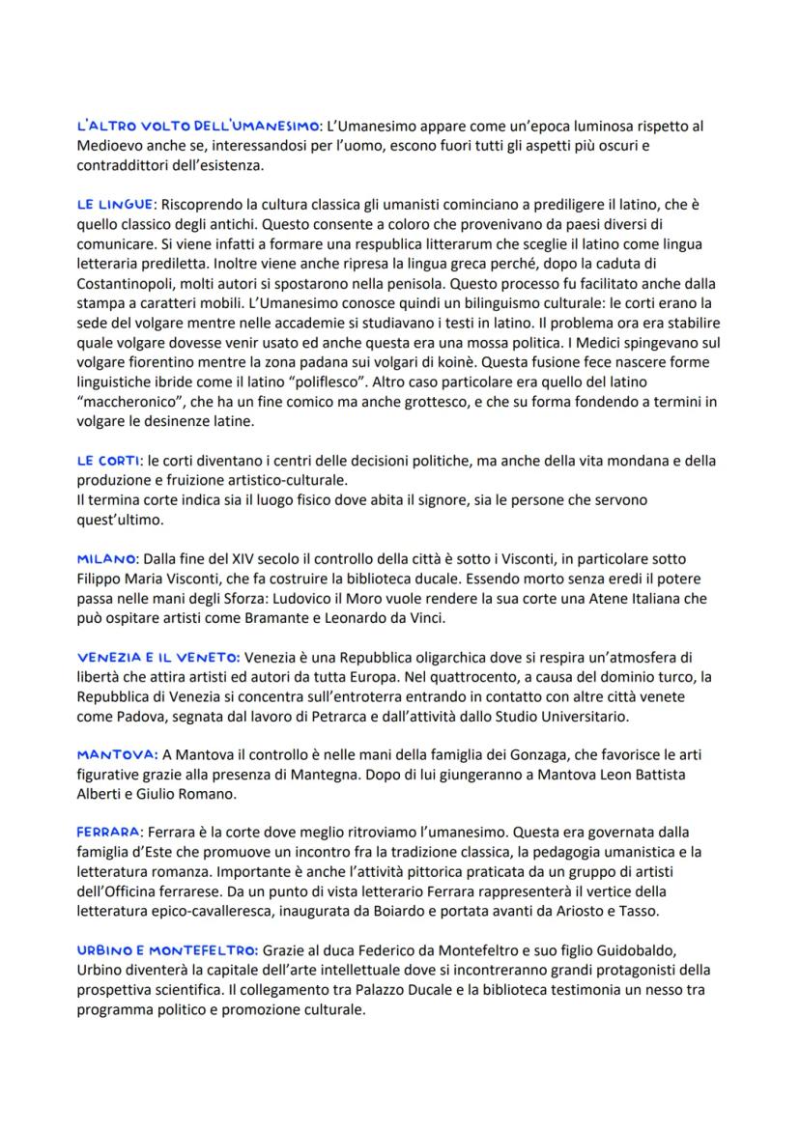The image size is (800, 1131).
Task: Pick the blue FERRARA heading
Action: [x=107, y=831]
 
